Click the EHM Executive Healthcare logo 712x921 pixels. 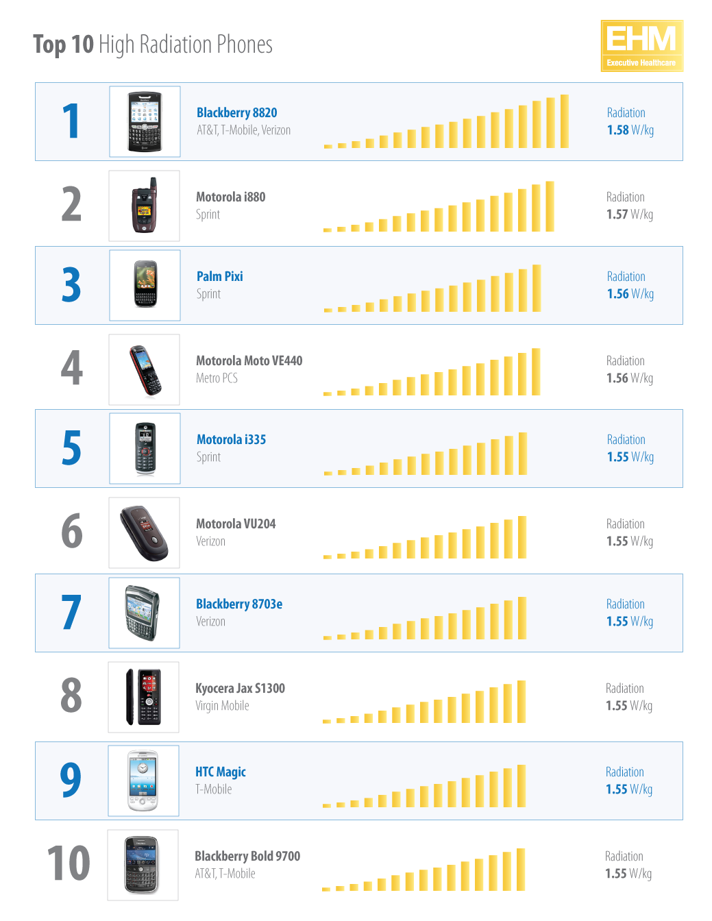point(641,45)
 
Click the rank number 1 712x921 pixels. point(71,122)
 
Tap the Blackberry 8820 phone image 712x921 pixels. point(145,121)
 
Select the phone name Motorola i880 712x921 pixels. point(230,197)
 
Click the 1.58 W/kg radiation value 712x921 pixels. point(630,130)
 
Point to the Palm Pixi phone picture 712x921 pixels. point(145,284)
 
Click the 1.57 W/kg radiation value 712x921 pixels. point(629,214)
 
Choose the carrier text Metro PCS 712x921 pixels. point(217,378)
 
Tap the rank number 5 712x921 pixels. point(71,448)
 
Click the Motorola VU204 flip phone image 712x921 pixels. point(144,533)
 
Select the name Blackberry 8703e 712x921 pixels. point(238,604)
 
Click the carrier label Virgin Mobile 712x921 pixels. point(222,706)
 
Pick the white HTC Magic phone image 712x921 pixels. point(143,781)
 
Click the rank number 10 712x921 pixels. point(69,863)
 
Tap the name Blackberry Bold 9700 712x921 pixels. point(247,856)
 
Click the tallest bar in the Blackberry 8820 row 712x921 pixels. point(565,121)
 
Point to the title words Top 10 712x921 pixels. point(63,45)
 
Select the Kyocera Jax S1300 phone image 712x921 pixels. point(143,697)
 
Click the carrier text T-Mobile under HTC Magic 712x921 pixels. point(213,789)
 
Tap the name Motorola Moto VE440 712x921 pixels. point(249,360)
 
